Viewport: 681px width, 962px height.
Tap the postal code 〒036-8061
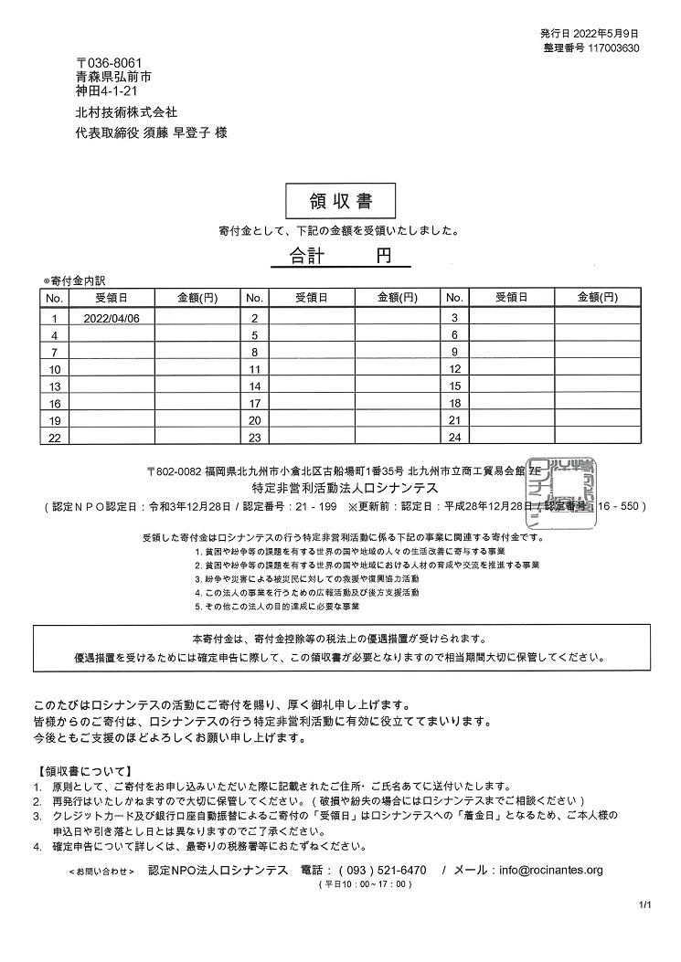point(109,62)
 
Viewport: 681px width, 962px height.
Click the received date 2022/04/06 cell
point(111,318)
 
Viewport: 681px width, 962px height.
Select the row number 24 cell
point(454,439)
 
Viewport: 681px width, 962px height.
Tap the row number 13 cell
point(54,386)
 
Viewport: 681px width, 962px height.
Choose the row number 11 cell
point(255,369)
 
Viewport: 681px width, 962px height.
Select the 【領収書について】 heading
point(84,771)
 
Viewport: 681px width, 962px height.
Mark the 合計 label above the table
point(307,256)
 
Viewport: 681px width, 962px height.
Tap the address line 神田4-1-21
point(107,91)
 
